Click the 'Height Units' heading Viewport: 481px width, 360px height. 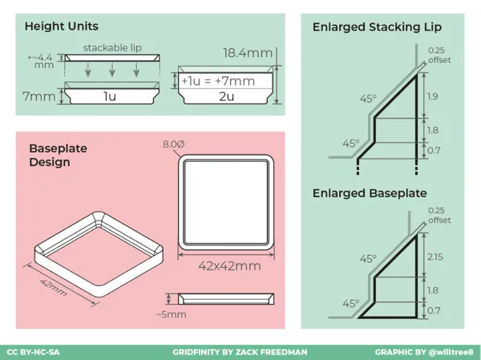click(x=62, y=26)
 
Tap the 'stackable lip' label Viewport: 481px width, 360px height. click(x=112, y=48)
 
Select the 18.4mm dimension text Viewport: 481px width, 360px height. click(x=248, y=53)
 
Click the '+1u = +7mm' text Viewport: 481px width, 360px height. click(x=218, y=81)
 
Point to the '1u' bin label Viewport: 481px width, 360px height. click(x=110, y=96)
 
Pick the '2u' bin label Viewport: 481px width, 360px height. click(x=226, y=96)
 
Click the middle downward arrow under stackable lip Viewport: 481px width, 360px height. click(x=112, y=70)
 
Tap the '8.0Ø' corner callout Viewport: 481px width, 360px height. click(x=174, y=144)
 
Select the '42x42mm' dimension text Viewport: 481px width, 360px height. click(x=229, y=266)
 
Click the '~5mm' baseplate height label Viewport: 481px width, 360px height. click(x=172, y=314)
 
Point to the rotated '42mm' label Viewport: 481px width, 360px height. click(x=54, y=288)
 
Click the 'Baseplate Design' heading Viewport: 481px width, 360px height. click(x=58, y=155)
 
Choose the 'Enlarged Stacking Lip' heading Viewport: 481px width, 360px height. click(x=377, y=27)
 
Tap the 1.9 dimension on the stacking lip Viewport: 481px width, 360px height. click(x=433, y=96)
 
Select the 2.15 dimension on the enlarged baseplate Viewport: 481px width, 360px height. click(x=435, y=257)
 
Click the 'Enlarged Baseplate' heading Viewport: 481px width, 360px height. click(x=370, y=193)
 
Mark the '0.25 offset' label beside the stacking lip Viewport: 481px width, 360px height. click(x=439, y=55)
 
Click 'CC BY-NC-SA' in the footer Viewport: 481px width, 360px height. click(x=33, y=352)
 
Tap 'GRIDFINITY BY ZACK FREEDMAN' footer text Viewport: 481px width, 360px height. click(x=240, y=352)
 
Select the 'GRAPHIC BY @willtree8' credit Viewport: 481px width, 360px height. click(x=424, y=352)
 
